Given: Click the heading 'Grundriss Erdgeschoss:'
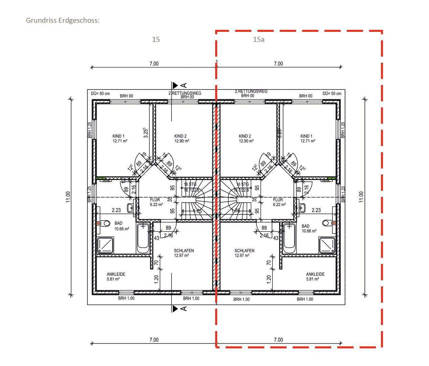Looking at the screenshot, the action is click(63, 20).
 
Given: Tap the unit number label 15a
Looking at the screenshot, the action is click(258, 39).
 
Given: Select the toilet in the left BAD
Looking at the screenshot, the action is click(106, 224).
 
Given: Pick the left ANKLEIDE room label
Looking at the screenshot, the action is click(116, 277).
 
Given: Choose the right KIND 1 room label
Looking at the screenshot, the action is click(308, 138).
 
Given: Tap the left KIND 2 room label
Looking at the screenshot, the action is click(182, 138).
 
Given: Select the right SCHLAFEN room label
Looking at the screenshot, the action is click(244, 253).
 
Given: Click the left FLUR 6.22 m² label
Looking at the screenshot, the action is click(156, 202).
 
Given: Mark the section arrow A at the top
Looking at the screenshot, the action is click(179, 85).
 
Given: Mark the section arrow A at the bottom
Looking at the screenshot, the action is click(179, 308).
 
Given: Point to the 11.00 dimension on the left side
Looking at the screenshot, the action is click(68, 197).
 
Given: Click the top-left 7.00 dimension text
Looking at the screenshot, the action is click(154, 64).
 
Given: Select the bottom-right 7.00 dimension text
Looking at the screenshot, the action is click(278, 340).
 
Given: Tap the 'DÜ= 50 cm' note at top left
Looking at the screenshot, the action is click(100, 94).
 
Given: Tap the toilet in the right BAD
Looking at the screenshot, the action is click(326, 223).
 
